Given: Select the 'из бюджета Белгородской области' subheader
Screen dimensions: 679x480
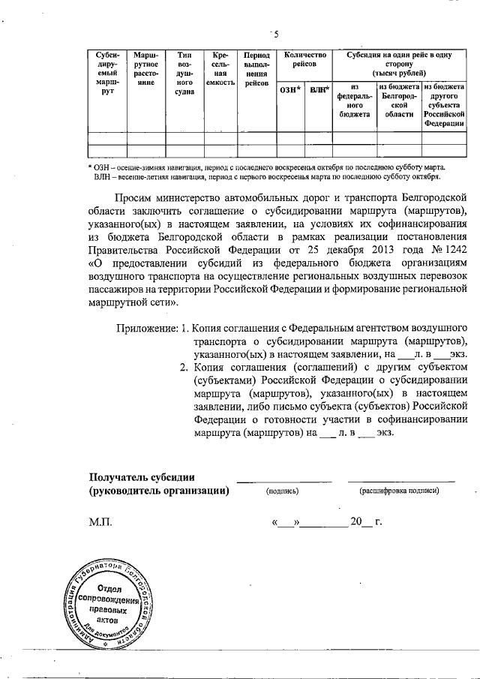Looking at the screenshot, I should (x=397, y=101).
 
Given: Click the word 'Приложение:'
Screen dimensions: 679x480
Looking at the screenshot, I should (x=147, y=329).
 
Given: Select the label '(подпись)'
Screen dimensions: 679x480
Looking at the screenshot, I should (x=283, y=491).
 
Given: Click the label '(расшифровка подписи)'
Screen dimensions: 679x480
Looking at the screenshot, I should (x=400, y=491).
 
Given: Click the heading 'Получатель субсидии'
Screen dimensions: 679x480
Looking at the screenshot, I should (x=142, y=476).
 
